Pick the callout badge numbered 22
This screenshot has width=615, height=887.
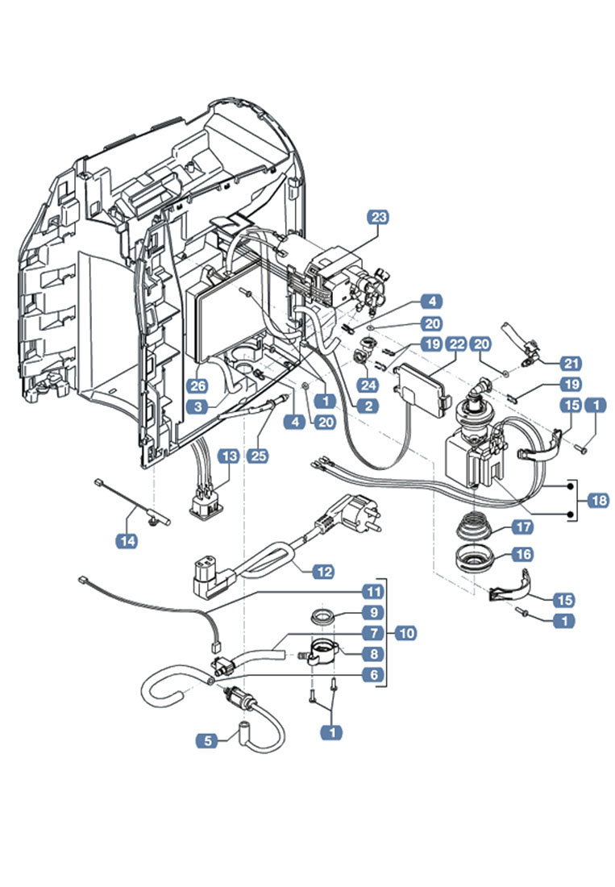[x=457, y=344]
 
